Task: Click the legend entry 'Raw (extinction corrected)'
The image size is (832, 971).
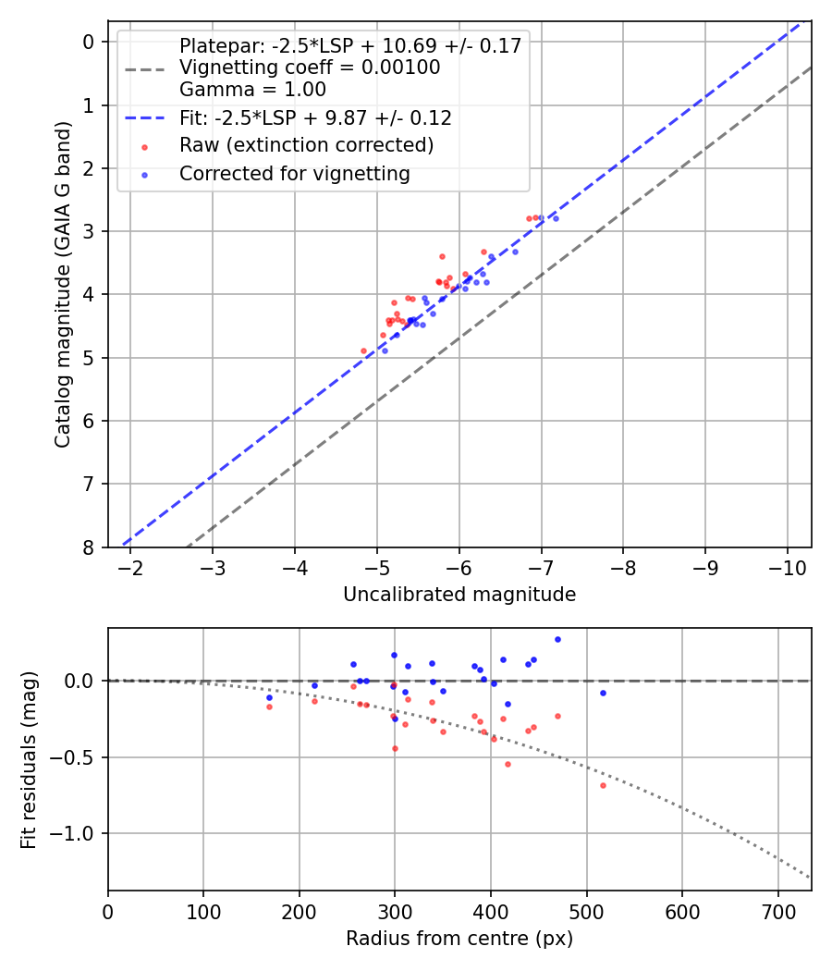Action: [306, 145]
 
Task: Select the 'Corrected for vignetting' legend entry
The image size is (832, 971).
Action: [295, 173]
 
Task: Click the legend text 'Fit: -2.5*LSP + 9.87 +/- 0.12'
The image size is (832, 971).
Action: [315, 117]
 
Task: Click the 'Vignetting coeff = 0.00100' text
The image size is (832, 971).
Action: [310, 68]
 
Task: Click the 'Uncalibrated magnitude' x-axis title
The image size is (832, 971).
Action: [459, 595]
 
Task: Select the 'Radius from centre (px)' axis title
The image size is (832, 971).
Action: [459, 939]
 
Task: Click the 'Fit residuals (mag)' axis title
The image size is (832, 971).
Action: [29, 759]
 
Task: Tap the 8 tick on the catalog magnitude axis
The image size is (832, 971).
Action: [89, 547]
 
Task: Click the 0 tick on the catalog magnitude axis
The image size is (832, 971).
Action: [89, 42]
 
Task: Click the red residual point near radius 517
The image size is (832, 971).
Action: [603, 785]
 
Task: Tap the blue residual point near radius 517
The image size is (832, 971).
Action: [603, 693]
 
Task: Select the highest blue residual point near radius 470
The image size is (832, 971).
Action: [557, 639]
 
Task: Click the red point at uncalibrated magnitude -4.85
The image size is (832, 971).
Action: [363, 350]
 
